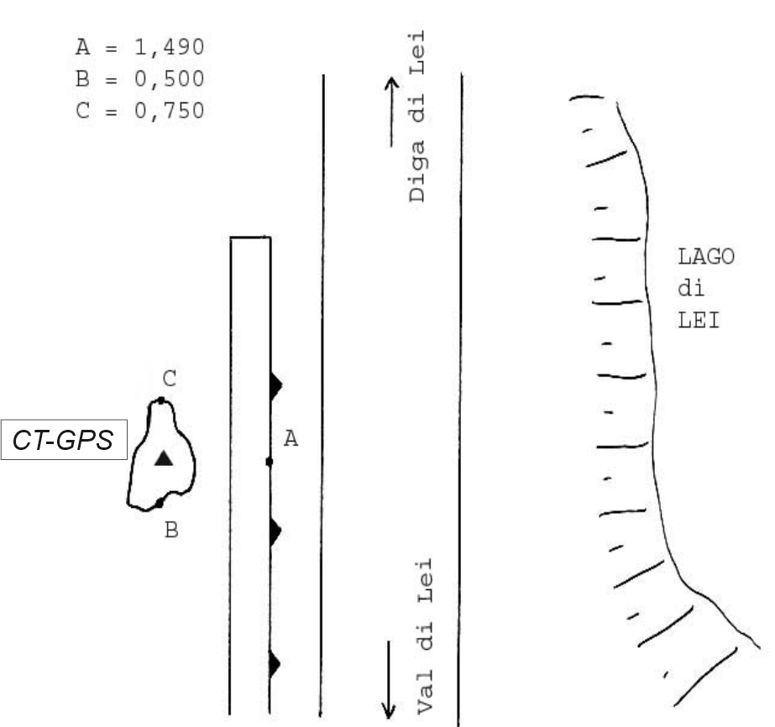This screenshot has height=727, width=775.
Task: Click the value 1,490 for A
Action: [170, 48]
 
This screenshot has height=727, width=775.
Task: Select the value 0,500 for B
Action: [170, 79]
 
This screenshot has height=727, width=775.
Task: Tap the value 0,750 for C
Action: [170, 111]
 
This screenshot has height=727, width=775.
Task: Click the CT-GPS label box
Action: [64, 440]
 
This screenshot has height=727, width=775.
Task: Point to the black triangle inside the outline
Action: [164, 458]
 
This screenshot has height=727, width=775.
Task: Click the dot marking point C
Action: [161, 400]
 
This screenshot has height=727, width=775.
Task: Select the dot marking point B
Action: [160, 504]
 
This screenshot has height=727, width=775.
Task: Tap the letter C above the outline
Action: [170, 379]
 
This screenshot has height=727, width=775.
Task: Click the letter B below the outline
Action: [171, 530]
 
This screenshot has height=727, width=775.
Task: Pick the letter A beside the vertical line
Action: [291, 438]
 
